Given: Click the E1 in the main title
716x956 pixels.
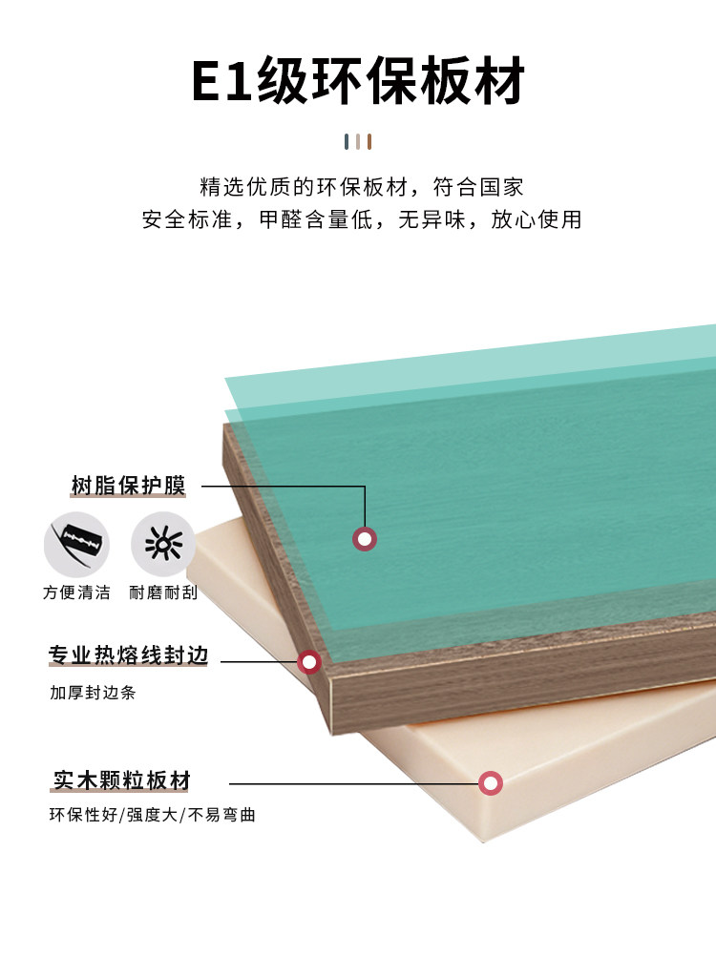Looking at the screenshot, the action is coord(222,81).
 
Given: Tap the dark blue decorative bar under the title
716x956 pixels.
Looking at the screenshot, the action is coord(347,142).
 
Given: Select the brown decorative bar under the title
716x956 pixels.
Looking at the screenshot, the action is coord(369,142).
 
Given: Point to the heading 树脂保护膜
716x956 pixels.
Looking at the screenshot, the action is coord(128,486).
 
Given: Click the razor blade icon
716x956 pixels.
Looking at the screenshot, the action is coord(76,544).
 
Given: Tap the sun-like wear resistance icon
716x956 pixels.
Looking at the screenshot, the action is coord(163,544).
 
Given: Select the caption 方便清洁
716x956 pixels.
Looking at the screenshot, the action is coord(76,592).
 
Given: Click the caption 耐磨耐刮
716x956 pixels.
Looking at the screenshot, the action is coord(163,592).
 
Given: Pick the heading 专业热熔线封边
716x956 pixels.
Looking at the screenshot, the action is coord(129,655).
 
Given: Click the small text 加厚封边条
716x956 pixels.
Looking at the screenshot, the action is coord(93,693).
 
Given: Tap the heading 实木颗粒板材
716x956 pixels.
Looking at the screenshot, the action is coord(122,780).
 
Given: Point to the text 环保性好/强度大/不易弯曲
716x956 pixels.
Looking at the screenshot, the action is coord(153,815).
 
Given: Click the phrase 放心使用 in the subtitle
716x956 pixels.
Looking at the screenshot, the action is coord(537,219).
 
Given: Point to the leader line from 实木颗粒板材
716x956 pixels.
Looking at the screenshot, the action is coord(354,783).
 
